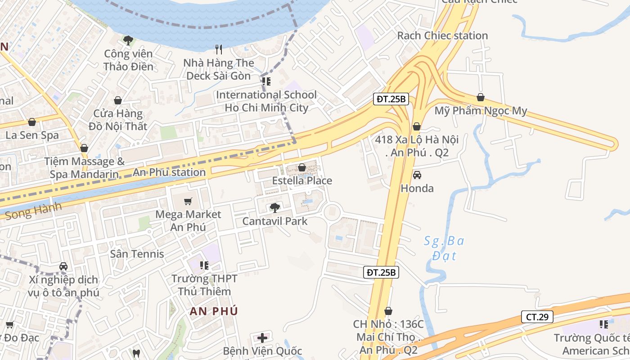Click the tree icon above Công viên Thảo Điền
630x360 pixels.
click(x=128, y=40)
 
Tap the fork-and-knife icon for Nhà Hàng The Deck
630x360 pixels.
click(x=219, y=49)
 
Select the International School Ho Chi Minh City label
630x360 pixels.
click(x=266, y=101)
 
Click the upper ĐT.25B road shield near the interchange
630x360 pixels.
click(x=391, y=99)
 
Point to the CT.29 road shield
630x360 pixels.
click(x=537, y=317)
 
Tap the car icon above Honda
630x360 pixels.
click(x=417, y=175)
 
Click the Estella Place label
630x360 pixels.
click(x=302, y=181)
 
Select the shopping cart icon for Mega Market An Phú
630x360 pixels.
click(x=188, y=201)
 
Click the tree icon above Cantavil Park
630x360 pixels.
click(x=274, y=207)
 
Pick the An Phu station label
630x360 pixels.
click(x=169, y=172)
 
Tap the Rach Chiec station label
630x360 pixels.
click(x=442, y=36)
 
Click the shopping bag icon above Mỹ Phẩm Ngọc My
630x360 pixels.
click(x=480, y=97)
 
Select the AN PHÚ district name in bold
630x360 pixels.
click(x=214, y=311)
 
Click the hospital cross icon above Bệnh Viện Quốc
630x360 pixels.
click(x=262, y=337)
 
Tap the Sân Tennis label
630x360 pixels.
click(x=137, y=254)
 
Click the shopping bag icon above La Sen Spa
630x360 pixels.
click(x=32, y=122)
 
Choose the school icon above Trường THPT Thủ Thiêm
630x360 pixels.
click(x=204, y=265)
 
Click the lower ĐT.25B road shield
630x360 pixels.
click(x=381, y=272)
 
